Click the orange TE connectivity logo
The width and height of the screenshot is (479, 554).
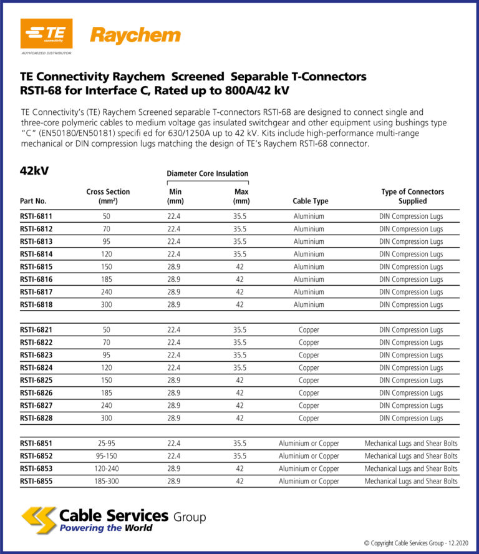coord(47,34)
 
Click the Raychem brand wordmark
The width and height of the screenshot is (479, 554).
coord(135,36)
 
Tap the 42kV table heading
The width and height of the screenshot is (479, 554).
coord(34,171)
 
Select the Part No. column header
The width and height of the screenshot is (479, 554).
coord(33,202)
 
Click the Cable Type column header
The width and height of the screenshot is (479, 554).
coord(310,202)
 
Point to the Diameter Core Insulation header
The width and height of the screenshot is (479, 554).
coord(207,173)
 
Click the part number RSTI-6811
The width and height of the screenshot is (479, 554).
coord(36,216)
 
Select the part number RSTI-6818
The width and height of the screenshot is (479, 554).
coord(36,305)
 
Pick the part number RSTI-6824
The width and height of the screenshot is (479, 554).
coord(36,368)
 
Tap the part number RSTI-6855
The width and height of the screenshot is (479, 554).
coord(36,482)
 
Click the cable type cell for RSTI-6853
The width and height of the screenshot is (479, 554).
coord(309,469)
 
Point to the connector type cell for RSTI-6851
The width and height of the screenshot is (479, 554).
coord(411,444)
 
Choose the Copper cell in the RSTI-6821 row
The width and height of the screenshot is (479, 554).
coord(309,330)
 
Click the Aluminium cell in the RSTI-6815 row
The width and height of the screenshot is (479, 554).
coord(309,267)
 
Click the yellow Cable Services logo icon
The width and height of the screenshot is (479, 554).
coord(38,520)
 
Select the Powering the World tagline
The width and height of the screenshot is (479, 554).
coord(105,528)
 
